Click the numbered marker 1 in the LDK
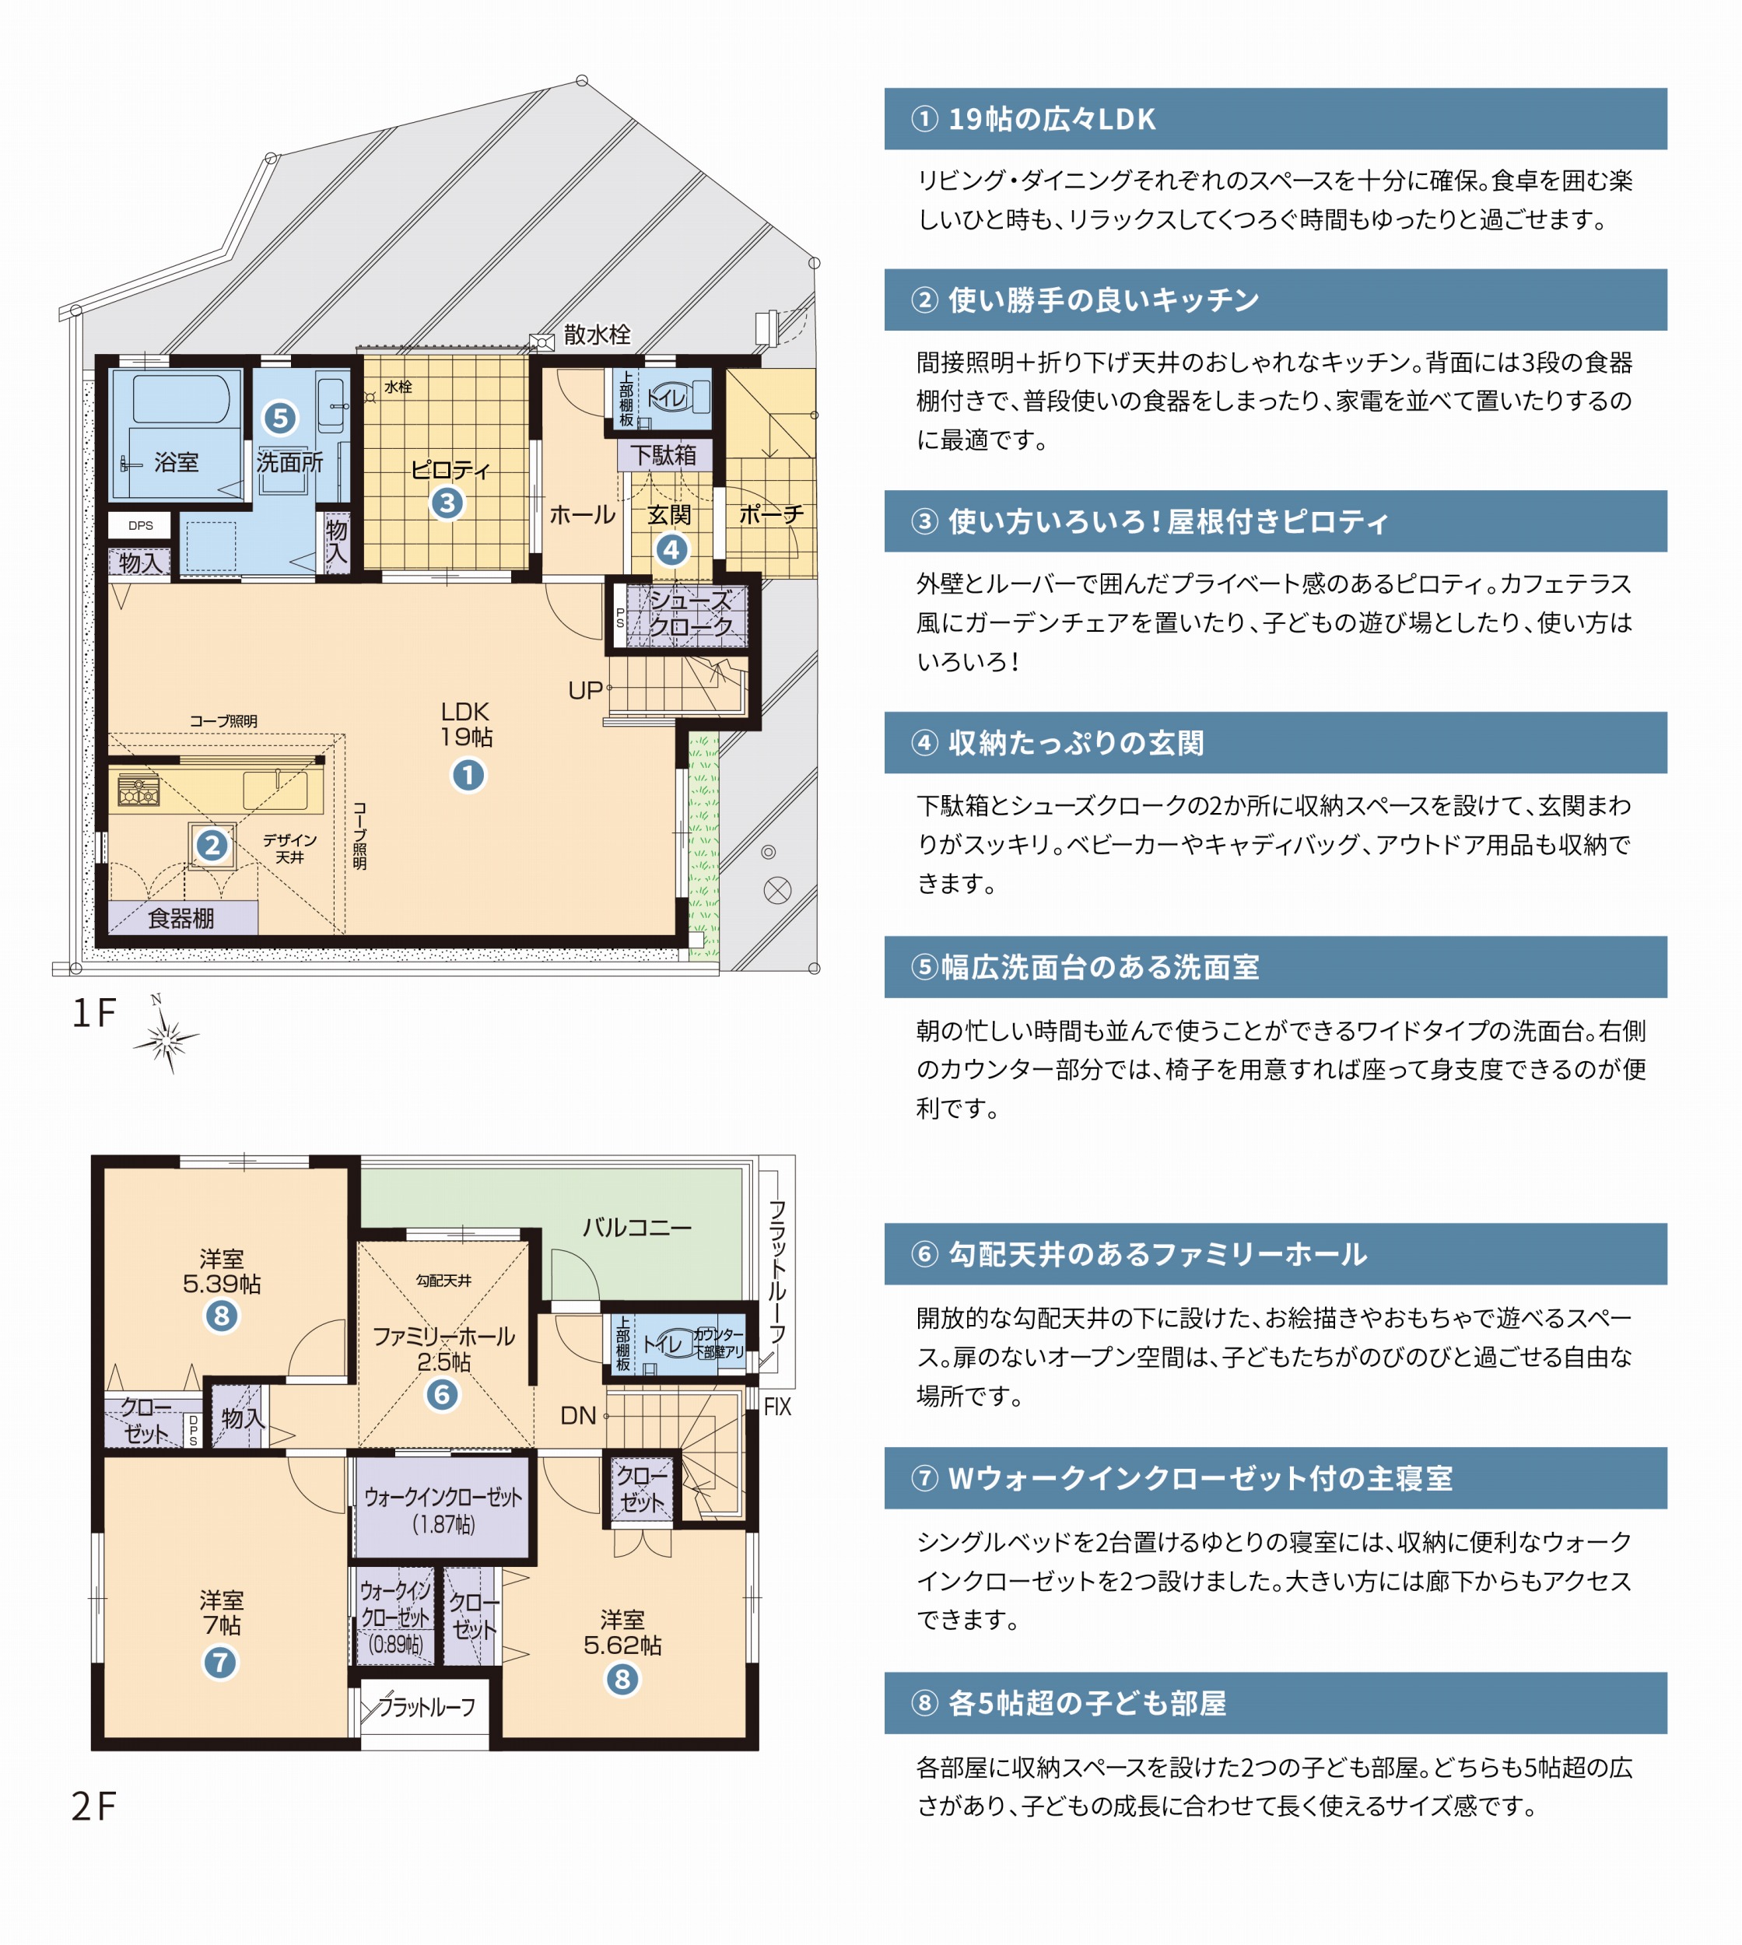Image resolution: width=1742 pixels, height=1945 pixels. [x=468, y=776]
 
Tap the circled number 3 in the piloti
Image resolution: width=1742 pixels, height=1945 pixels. [x=447, y=503]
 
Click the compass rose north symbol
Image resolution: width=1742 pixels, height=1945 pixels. [x=166, y=1036]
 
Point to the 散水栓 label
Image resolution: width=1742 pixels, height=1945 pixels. [x=598, y=334]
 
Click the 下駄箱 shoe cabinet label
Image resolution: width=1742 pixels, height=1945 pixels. [x=664, y=454]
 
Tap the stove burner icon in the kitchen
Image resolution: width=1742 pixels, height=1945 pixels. [x=138, y=790]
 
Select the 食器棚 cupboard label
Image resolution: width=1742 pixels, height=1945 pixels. [x=181, y=919]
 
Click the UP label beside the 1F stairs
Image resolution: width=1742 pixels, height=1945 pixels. [x=585, y=691]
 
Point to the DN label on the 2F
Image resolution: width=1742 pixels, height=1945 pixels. [x=578, y=1416]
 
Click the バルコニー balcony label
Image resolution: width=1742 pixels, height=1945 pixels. [x=637, y=1227]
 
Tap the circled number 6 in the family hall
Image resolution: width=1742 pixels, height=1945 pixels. [x=442, y=1395]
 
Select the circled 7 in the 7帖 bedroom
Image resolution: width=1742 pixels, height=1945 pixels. [x=220, y=1663]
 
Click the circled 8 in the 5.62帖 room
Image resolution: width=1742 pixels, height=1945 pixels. [x=622, y=1679]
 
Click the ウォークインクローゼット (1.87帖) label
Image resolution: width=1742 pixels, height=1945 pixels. [x=443, y=1509]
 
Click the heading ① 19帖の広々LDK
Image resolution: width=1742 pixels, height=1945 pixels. [x=1034, y=119]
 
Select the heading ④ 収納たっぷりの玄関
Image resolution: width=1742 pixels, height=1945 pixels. [x=1057, y=743]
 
